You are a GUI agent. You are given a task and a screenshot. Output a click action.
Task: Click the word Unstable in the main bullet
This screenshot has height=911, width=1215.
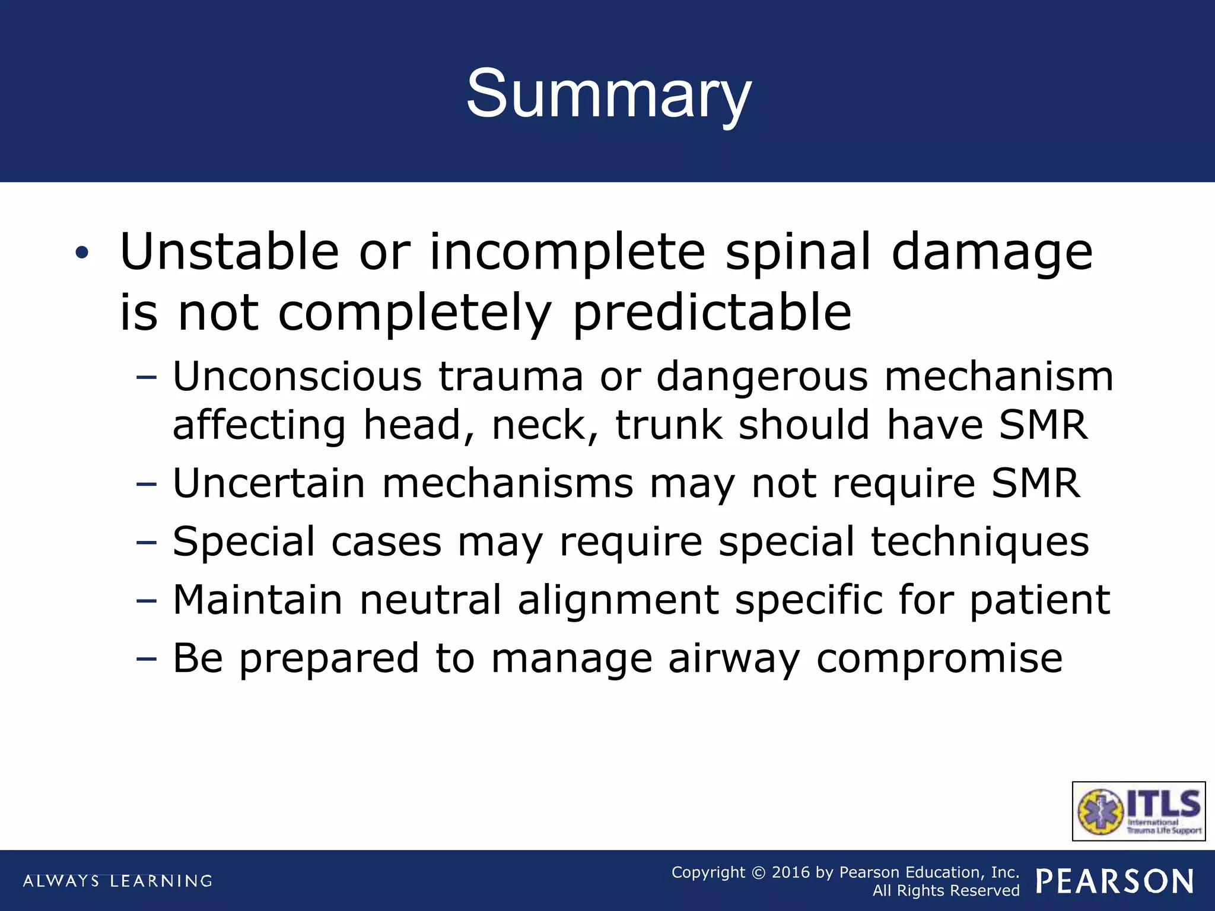[x=229, y=252]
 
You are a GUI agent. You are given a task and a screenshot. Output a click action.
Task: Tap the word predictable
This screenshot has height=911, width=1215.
[x=712, y=313]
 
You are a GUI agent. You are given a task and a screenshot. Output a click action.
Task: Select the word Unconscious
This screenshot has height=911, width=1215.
[x=297, y=377]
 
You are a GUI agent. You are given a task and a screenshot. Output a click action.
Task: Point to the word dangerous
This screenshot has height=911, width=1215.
[x=762, y=377]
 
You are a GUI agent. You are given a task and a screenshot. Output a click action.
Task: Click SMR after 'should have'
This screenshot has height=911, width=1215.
[x=1043, y=425]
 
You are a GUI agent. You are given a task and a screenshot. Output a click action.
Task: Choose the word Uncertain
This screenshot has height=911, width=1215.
[x=268, y=483]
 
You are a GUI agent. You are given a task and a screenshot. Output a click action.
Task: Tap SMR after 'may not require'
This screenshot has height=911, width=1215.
[x=1036, y=483]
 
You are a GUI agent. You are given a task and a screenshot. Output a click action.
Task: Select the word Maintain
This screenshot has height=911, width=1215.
[x=257, y=600]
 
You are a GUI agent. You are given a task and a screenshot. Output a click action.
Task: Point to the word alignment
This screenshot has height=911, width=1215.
[x=619, y=600]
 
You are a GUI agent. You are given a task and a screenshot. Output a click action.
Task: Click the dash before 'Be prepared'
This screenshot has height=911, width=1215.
[x=146, y=659]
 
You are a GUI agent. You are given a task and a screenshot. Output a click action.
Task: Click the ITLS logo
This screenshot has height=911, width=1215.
[x=1138, y=811]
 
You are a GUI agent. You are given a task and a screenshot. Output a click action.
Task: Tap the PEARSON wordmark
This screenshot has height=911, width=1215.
[x=1115, y=881]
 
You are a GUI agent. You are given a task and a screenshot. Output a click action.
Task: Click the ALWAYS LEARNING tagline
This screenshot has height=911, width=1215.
[x=117, y=881]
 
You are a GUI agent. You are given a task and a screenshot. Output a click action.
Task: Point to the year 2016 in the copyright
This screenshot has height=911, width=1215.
[x=790, y=872]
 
